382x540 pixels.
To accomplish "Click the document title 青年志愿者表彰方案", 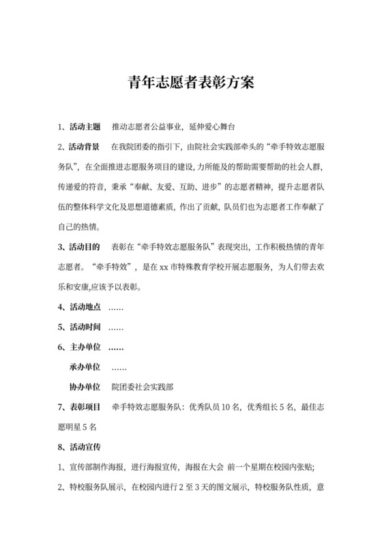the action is [191, 83].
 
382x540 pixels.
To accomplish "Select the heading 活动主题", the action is [84, 127].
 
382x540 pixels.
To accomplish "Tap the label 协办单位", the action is [85, 386].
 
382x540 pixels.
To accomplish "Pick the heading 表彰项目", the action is [84, 407].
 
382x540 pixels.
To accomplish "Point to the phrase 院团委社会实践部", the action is [143, 386].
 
